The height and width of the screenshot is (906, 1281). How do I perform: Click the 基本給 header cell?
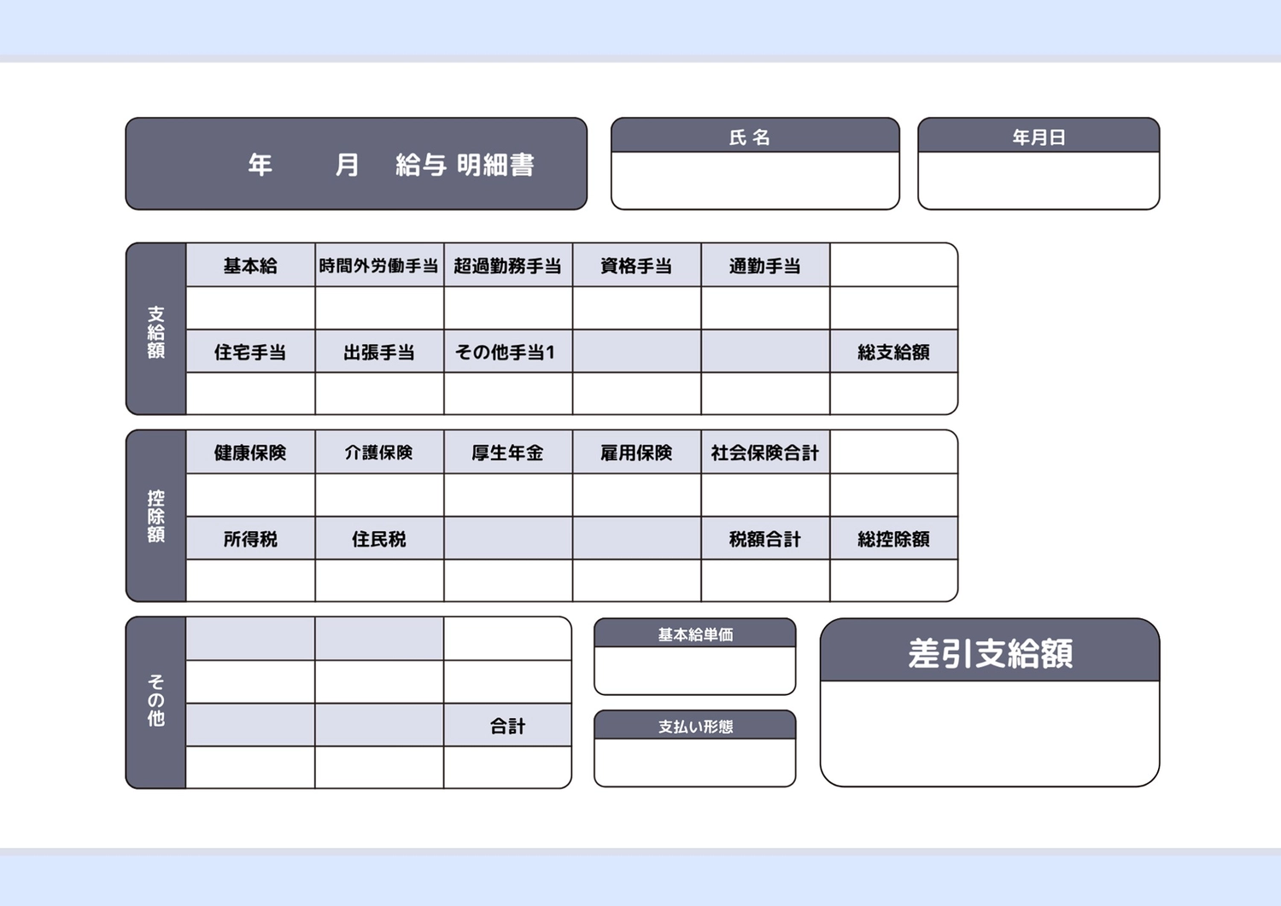point(250,266)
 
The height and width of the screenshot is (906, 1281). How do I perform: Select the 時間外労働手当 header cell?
point(379,266)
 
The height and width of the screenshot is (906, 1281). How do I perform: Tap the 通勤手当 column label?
point(764,266)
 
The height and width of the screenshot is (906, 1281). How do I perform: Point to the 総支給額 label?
point(893,353)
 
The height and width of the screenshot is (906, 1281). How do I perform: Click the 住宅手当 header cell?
point(250,352)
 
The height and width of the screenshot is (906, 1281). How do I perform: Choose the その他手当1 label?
point(505,353)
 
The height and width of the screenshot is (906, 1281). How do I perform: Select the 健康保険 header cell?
point(250,453)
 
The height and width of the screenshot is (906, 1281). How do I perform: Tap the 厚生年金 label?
point(507,453)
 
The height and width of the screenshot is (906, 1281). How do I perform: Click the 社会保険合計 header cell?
point(765,453)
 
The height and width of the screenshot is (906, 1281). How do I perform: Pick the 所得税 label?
point(250,539)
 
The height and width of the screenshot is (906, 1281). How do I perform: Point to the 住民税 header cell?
point(379,538)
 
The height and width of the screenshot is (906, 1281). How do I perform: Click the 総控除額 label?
point(893,539)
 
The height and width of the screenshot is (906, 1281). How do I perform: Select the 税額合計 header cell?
point(765,538)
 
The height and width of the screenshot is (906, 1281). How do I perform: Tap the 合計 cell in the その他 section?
point(508,725)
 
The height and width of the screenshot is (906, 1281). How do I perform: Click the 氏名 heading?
point(749,137)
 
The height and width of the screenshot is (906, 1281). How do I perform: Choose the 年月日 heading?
point(1038,137)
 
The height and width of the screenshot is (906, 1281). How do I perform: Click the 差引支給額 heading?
point(990,653)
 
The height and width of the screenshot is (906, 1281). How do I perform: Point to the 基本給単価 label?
point(695,635)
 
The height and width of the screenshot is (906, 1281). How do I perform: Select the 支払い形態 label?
point(695,727)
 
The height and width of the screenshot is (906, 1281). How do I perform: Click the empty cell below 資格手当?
point(636,307)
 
